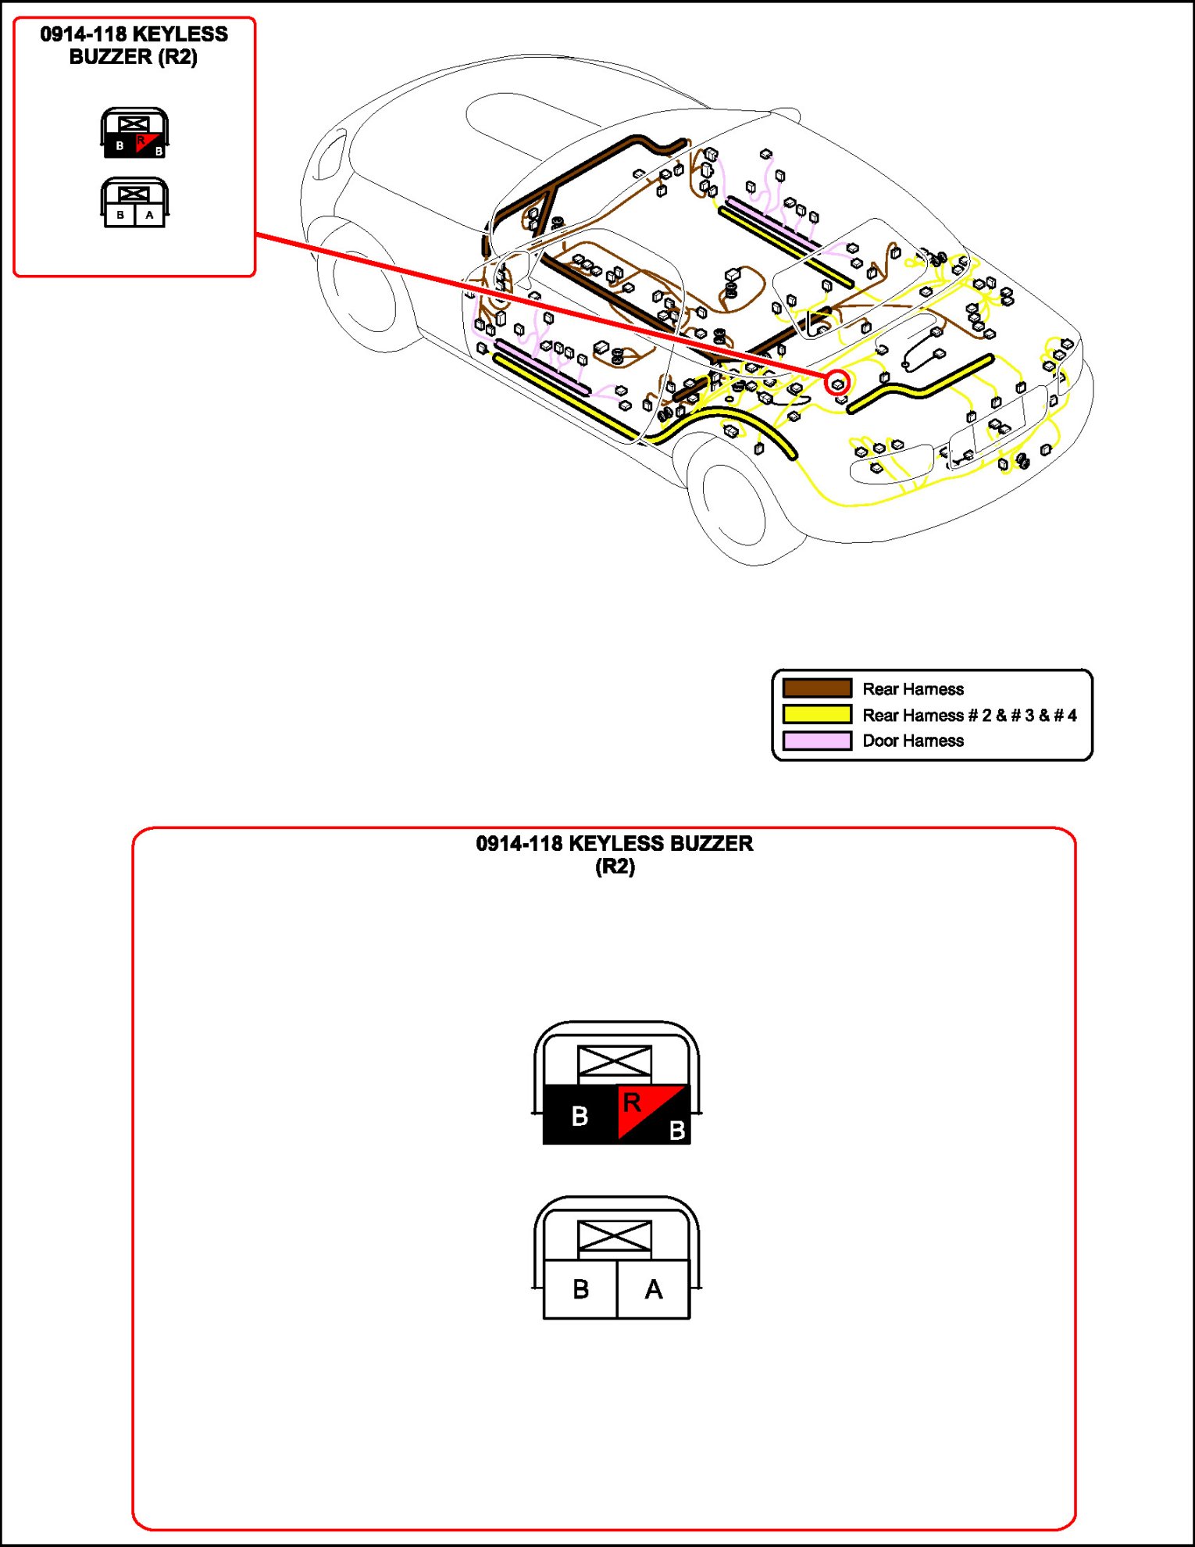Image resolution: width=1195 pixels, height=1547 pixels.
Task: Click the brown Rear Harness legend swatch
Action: pos(817,688)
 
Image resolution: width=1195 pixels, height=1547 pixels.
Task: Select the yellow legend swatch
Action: pos(817,714)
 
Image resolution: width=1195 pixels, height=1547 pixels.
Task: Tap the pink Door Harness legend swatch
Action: pos(817,740)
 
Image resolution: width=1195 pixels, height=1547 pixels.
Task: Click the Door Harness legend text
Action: pos(912,741)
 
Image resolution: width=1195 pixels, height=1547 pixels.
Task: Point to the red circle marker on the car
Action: pos(837,383)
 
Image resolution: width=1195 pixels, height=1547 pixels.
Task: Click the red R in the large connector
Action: pos(632,1102)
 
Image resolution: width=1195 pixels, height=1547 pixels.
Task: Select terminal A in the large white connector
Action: pos(654,1289)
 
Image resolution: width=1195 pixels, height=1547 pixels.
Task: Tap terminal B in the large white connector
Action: pos(580,1289)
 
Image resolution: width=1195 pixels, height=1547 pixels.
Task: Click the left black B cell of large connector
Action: pos(580,1116)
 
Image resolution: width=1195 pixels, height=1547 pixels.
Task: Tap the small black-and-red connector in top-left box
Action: pos(134,134)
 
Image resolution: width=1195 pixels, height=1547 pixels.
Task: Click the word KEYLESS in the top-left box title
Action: pos(180,34)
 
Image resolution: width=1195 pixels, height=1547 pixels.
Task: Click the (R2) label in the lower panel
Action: pos(615,866)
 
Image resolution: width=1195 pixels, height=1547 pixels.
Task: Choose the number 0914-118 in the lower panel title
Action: pos(519,844)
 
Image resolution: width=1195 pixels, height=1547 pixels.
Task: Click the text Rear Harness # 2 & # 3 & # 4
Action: pos(969,715)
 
